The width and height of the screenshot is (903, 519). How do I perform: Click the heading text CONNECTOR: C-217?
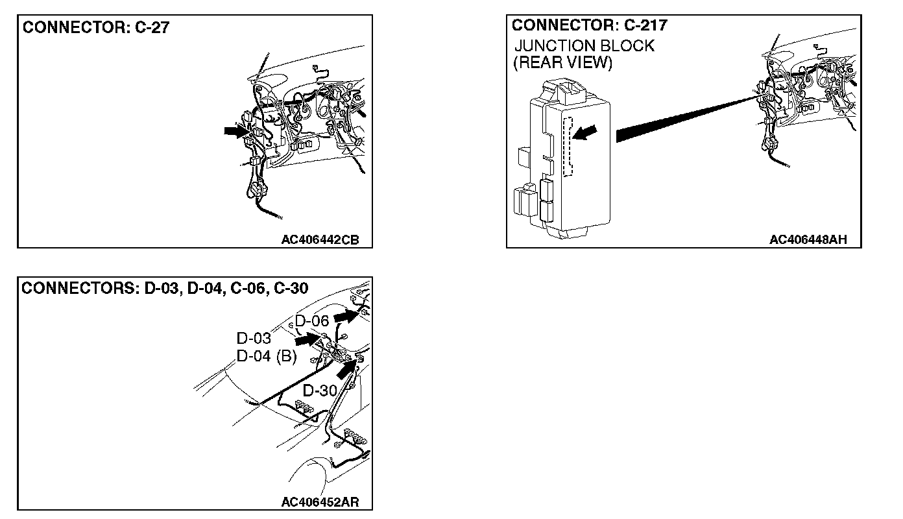pyautogui.click(x=589, y=25)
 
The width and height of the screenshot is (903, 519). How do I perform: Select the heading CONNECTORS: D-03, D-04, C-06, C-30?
pyautogui.click(x=165, y=288)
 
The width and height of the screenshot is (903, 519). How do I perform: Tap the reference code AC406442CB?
pyautogui.click(x=319, y=240)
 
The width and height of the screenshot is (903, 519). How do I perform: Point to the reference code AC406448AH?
pyautogui.click(x=808, y=240)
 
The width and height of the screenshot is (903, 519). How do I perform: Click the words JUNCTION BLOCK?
pyautogui.click(x=584, y=46)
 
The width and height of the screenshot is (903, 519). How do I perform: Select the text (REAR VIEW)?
pyautogui.click(x=562, y=62)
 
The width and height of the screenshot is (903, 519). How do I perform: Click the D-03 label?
pyautogui.click(x=253, y=339)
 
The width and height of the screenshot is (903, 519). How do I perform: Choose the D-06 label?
pyautogui.click(x=312, y=320)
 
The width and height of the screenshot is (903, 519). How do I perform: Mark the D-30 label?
pyautogui.click(x=320, y=391)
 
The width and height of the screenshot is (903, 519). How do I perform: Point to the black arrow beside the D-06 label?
pyautogui.click(x=346, y=316)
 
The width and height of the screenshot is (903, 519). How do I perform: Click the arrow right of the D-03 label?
pyautogui.click(x=306, y=339)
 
